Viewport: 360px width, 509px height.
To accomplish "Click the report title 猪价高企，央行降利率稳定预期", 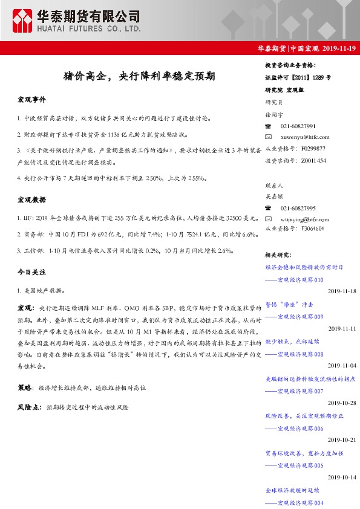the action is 139,77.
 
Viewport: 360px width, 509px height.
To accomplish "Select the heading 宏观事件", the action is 31,99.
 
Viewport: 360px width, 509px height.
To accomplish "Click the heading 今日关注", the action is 31,273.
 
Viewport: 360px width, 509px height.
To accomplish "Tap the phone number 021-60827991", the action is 298,126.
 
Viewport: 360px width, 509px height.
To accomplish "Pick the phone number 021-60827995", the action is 298,207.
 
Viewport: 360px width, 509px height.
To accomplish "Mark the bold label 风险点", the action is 28,407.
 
